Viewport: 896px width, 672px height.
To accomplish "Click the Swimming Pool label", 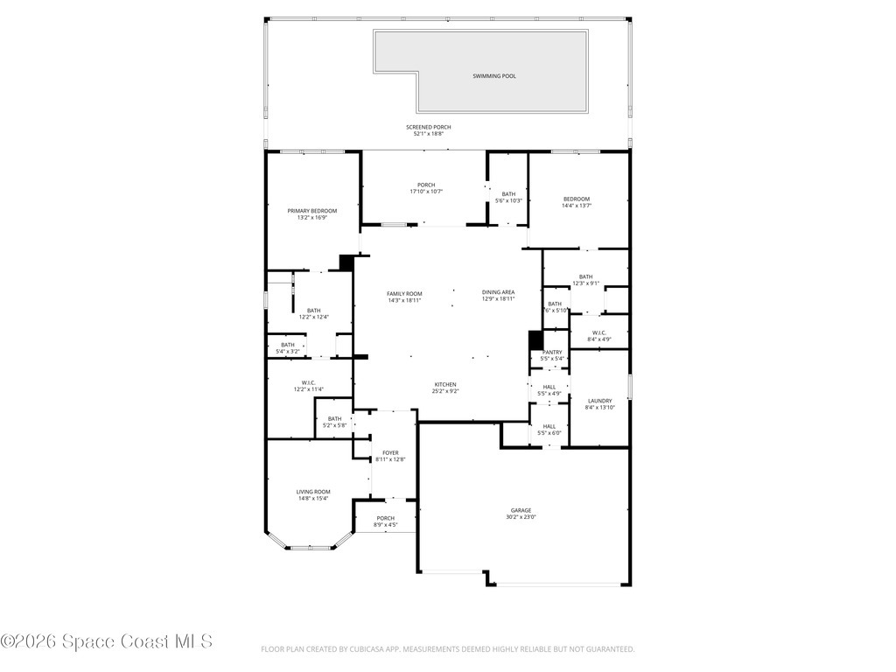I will point(493,76).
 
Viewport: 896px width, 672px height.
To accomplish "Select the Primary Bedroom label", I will point(312,211).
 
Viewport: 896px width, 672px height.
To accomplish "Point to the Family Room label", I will point(404,293).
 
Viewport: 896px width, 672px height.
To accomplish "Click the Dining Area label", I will point(498,292).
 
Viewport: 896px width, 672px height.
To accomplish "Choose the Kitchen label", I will point(445,384).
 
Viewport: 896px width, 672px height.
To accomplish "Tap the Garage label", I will point(521,510).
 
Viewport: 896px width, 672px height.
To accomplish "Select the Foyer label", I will point(390,452).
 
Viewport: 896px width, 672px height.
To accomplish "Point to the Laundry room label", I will point(599,401).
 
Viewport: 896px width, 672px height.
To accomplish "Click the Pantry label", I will point(551,353).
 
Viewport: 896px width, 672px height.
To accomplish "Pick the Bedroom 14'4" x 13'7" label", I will point(577,199).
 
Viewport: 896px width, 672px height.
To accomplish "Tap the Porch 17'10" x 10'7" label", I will point(426,185).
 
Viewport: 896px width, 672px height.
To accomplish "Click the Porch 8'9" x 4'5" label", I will point(385,518).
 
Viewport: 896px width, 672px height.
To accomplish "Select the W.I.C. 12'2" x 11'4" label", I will point(309,382).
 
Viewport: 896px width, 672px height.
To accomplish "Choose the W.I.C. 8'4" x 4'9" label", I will point(598,332).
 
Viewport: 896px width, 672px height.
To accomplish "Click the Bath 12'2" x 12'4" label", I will point(313,310).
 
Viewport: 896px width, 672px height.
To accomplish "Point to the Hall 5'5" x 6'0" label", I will point(549,426).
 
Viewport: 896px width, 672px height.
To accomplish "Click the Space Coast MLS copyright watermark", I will point(107,641).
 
